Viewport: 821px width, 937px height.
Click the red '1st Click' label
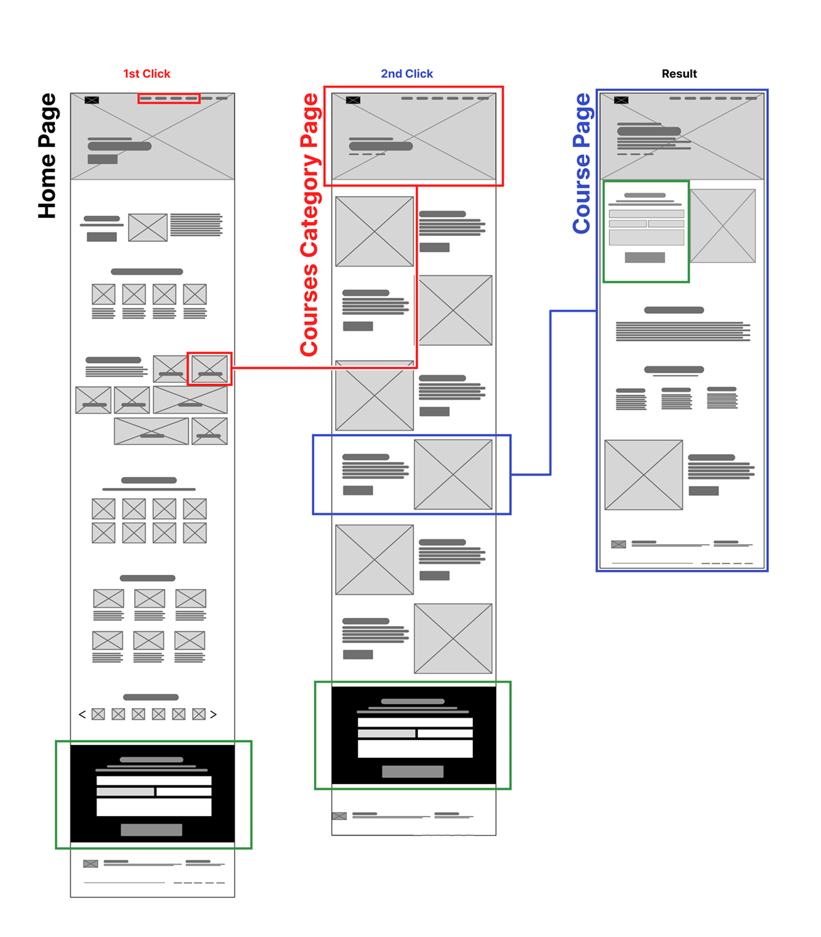(x=146, y=74)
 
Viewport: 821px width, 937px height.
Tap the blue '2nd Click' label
(x=407, y=74)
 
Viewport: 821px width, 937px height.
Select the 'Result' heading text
(x=679, y=74)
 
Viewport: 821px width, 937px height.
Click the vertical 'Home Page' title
(x=47, y=156)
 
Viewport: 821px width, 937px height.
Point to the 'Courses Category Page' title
(x=309, y=225)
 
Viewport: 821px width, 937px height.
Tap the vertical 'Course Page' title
(x=582, y=163)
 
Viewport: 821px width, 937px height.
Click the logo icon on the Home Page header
(x=92, y=100)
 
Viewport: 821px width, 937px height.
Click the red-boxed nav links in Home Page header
(x=169, y=98)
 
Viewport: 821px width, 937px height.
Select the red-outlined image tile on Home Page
(x=209, y=369)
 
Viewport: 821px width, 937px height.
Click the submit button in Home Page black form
(x=151, y=830)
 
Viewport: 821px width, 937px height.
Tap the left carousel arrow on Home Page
(x=82, y=714)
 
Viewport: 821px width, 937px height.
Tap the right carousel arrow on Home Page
(x=213, y=714)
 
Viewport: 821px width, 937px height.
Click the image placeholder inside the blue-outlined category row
(x=453, y=474)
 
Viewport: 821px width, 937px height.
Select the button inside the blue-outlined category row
(x=358, y=490)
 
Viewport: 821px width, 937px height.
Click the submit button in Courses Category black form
(x=413, y=772)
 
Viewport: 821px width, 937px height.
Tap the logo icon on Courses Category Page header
(x=353, y=100)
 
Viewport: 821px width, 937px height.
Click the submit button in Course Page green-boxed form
(x=644, y=258)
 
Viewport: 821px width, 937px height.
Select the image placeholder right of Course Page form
(x=722, y=226)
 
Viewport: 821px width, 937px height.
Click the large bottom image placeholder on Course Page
(x=644, y=475)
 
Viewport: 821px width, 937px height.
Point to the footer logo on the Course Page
(x=618, y=545)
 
